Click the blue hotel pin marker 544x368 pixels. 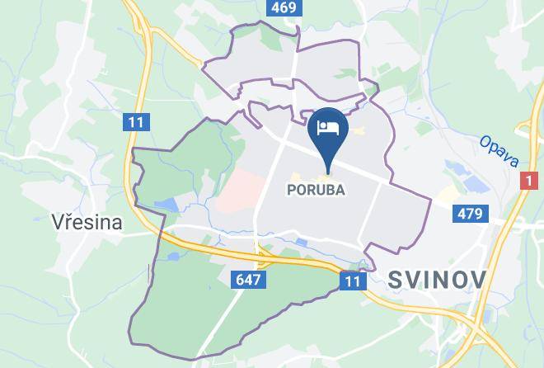[328, 132]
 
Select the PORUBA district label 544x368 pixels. [315, 190]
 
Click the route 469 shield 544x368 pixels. [282, 9]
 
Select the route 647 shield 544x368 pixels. [247, 280]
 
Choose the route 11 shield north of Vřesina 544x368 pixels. [137, 122]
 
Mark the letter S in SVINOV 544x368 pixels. [394, 280]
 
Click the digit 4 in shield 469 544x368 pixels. [274, 9]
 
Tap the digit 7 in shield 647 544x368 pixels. [256, 280]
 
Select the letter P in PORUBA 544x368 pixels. [290, 190]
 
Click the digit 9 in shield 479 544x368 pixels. [479, 215]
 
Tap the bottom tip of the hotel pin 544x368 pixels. [328, 172]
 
